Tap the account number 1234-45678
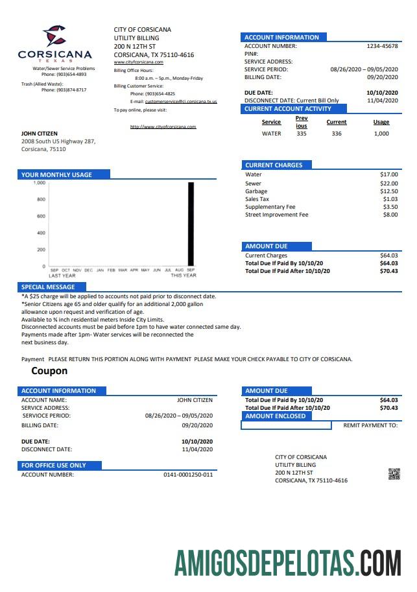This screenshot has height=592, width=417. (x=382, y=46)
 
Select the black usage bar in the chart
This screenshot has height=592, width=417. (x=191, y=224)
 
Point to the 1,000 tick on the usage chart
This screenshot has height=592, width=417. (x=40, y=184)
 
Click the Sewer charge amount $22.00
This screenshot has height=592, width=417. (x=388, y=184)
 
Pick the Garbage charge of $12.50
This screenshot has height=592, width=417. (x=388, y=191)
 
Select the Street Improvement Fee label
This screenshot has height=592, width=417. (x=276, y=215)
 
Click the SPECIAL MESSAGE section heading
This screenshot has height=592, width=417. (x=48, y=287)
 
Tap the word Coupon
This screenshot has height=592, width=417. (x=49, y=372)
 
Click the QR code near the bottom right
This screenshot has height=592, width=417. (x=394, y=473)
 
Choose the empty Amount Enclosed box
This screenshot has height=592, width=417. (x=287, y=425)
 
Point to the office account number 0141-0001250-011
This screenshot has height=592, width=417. (x=188, y=475)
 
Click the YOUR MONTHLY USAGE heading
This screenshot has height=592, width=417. (x=56, y=174)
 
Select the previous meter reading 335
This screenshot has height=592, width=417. (x=302, y=134)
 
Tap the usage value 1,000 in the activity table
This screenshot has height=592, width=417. (x=381, y=134)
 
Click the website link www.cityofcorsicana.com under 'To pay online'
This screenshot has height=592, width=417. (x=163, y=126)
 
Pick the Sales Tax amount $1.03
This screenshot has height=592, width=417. (x=390, y=199)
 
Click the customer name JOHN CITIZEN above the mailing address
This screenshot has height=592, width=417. (x=40, y=134)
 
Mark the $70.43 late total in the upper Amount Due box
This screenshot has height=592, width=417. (x=388, y=271)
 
